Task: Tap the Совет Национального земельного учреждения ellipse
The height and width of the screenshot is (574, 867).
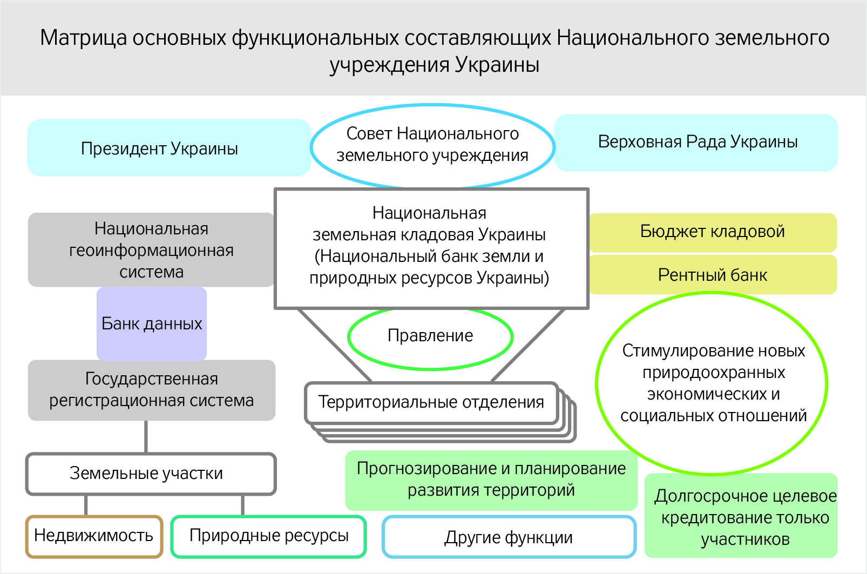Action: tap(432, 145)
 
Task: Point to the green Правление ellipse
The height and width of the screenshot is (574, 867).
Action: tap(430, 336)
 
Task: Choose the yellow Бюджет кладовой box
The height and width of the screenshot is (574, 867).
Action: tap(712, 232)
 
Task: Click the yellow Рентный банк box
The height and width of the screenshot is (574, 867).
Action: tap(712, 275)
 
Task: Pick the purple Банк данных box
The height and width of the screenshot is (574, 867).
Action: tap(152, 324)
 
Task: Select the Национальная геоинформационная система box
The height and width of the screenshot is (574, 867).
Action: tap(151, 250)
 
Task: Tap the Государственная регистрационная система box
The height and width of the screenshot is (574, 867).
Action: tap(151, 390)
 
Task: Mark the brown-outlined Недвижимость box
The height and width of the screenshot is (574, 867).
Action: tap(94, 536)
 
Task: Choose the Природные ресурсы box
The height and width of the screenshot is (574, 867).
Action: tap(268, 536)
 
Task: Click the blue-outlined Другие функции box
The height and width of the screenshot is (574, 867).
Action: tap(509, 538)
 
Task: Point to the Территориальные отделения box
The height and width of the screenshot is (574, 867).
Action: tap(431, 402)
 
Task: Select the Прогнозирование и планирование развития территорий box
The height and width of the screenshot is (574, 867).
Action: tap(491, 480)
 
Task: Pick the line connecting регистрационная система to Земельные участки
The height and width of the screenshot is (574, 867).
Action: tap(146, 437)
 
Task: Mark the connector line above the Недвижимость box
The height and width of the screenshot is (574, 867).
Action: tap(86, 505)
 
